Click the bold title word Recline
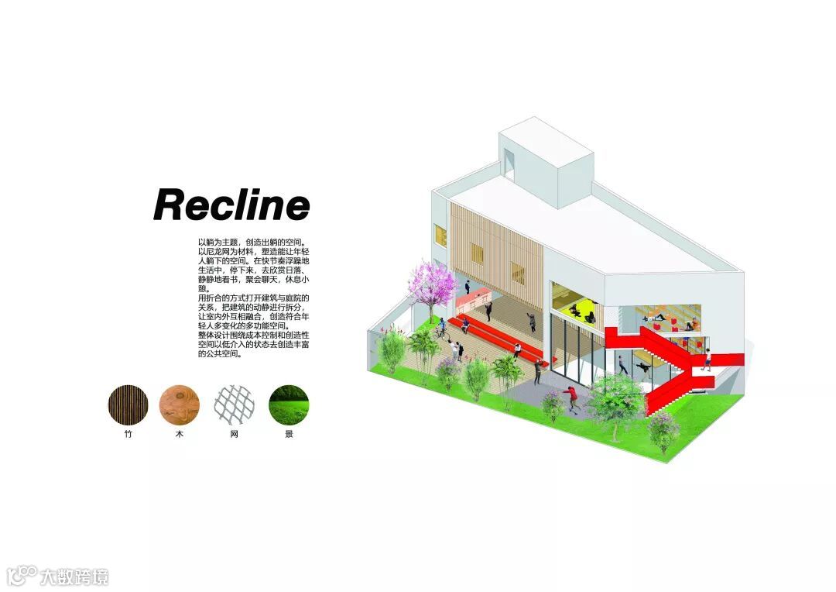(x=231, y=205)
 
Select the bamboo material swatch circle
(x=128, y=405)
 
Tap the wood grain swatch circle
(x=180, y=405)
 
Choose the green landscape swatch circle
(x=289, y=405)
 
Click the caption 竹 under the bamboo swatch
(x=128, y=435)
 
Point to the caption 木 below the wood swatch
(x=180, y=435)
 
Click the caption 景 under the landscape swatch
(x=289, y=435)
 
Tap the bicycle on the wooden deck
(x=442, y=332)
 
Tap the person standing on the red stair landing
(x=706, y=358)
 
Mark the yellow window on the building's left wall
(x=440, y=234)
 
